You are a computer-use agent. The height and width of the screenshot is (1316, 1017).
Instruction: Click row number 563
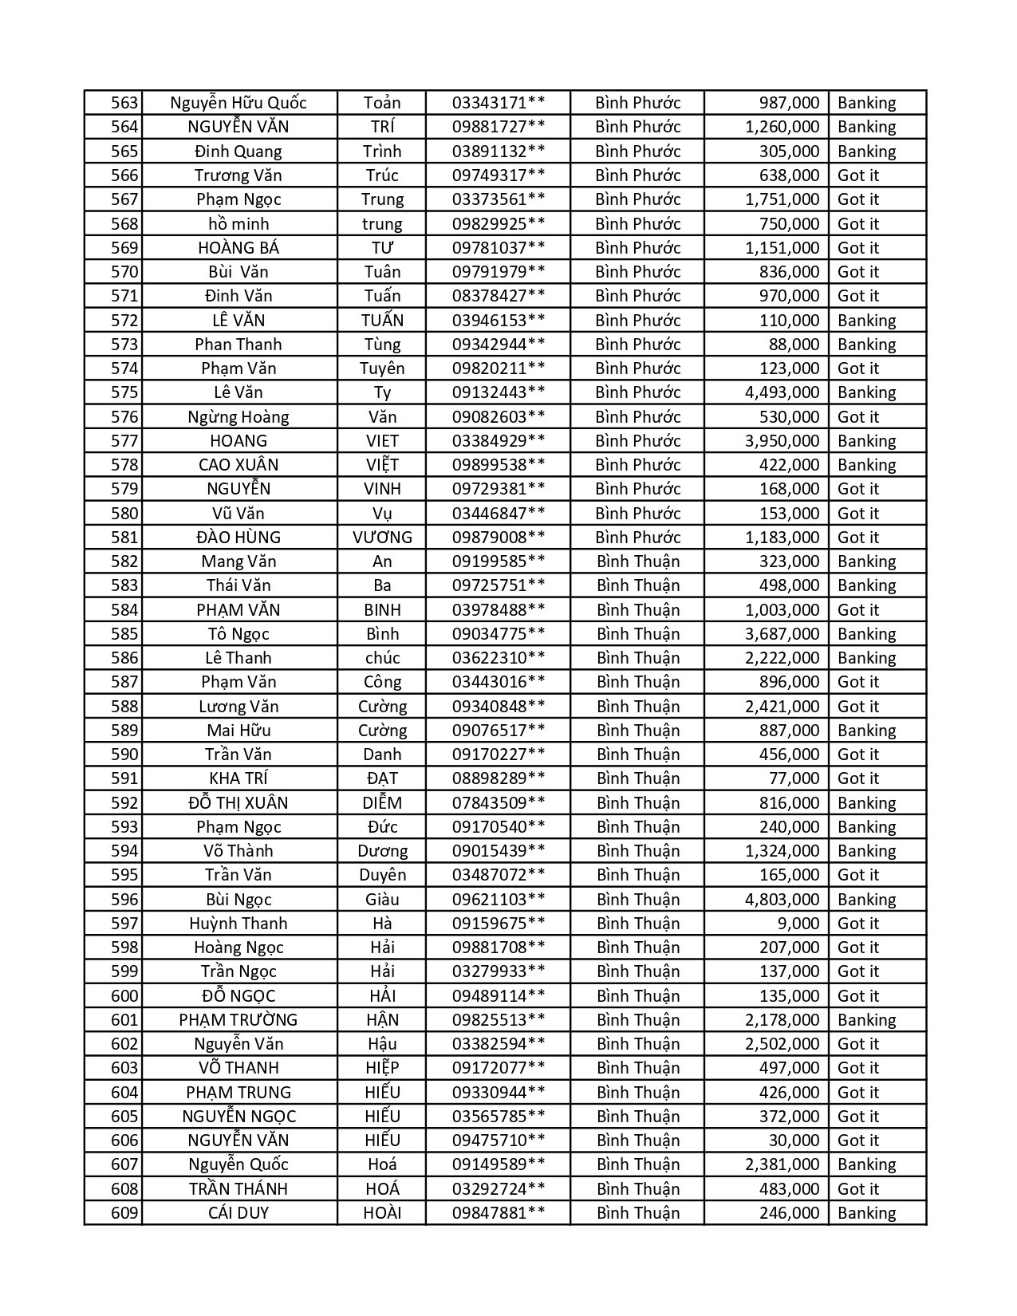[x=124, y=103]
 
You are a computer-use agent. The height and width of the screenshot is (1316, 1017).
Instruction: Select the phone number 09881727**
[x=499, y=127]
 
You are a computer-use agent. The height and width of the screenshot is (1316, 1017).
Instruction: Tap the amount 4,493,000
[x=782, y=392]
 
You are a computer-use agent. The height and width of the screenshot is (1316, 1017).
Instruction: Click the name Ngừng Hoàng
[x=238, y=417]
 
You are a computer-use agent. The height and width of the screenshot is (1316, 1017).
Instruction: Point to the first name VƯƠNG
[x=382, y=538]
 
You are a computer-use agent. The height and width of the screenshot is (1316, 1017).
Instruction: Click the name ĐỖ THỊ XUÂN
[x=238, y=803]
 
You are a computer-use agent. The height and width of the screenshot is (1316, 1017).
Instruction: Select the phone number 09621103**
[x=499, y=900]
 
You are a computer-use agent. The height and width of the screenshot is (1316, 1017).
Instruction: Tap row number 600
[x=124, y=996]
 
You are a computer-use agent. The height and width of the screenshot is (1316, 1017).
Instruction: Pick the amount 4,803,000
[x=782, y=900]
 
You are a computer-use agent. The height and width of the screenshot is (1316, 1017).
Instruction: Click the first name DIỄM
[x=382, y=803]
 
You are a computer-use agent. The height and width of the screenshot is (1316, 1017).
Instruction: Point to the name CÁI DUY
[x=238, y=1213]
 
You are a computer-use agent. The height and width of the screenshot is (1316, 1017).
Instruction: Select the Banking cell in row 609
[x=867, y=1213]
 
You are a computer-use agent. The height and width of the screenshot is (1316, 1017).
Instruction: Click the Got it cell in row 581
[x=858, y=538]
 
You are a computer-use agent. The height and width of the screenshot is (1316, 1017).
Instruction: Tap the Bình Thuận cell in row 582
[x=638, y=561]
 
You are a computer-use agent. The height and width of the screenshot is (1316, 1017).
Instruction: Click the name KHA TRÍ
[x=238, y=778]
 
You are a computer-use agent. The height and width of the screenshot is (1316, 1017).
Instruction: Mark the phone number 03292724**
[x=499, y=1189]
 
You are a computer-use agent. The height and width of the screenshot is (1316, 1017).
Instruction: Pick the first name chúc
[x=382, y=658]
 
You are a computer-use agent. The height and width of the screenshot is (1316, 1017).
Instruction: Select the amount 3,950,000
[x=782, y=441]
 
